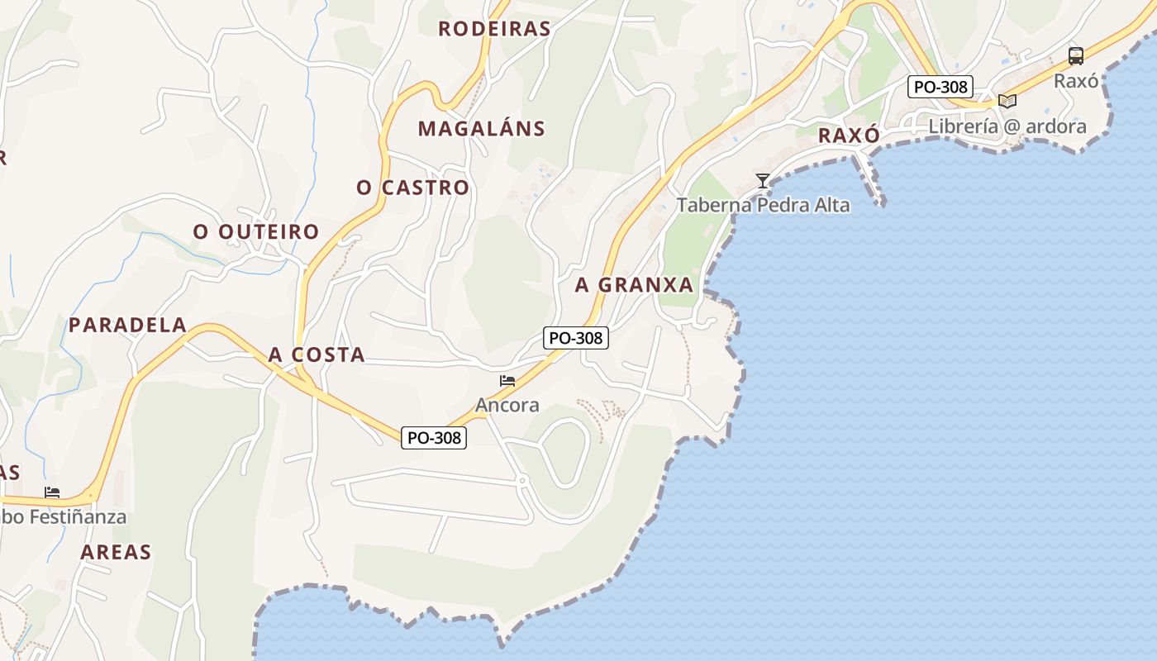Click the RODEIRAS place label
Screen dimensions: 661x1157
(494, 29)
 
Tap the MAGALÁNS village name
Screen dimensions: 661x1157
(481, 129)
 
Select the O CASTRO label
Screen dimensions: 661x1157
(412, 188)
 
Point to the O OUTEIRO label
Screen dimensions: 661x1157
(256, 232)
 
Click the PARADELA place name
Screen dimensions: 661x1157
(127, 325)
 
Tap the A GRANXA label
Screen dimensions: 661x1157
(634, 285)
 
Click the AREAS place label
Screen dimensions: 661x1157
(116, 552)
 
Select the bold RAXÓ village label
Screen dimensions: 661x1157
(848, 136)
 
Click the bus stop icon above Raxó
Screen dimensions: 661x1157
(1075, 56)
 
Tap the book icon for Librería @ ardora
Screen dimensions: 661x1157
(1007, 101)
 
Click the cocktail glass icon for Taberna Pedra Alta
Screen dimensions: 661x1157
(763, 180)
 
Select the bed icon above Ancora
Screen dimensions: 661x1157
(507, 381)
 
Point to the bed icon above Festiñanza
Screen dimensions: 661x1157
(52, 492)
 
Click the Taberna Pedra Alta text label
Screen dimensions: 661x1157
(763, 205)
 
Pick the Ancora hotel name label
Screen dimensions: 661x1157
(507, 406)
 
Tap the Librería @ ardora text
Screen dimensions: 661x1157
(1007, 126)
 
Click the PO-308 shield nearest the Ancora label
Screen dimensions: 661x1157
(434, 438)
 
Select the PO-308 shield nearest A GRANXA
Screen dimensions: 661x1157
(576, 337)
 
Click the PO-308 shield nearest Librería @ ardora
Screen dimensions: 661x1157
(940, 86)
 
